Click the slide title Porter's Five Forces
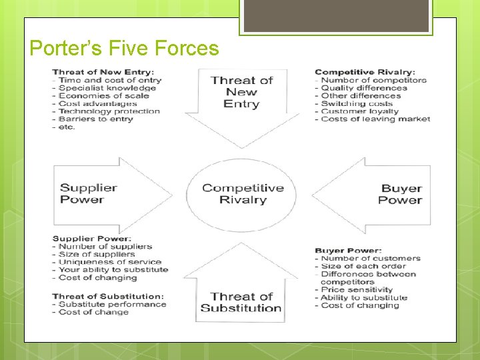(x=125, y=48)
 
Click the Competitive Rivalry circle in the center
(x=243, y=194)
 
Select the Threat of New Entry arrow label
(x=242, y=92)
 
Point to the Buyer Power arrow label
(x=401, y=194)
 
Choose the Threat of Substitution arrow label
(x=241, y=302)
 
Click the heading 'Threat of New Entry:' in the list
(x=103, y=72)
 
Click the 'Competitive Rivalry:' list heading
(x=365, y=72)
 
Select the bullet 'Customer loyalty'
(x=359, y=111)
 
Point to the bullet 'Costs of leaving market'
(x=375, y=119)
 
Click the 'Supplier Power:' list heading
(x=91, y=239)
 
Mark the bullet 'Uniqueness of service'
(x=110, y=262)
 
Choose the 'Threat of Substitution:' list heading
(x=107, y=296)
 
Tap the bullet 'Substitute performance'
(x=112, y=304)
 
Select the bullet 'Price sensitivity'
(x=357, y=290)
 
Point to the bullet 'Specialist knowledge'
(x=107, y=88)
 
